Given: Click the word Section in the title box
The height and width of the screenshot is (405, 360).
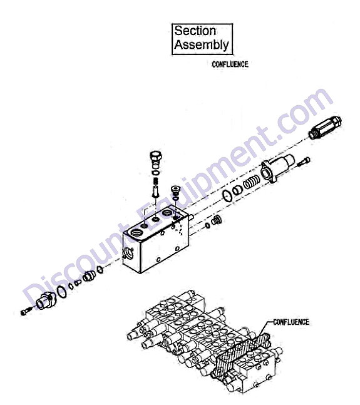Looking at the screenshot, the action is click(x=195, y=31).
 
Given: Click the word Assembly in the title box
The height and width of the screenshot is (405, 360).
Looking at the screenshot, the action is click(x=202, y=44).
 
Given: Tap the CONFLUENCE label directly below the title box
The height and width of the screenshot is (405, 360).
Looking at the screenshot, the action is click(x=230, y=64).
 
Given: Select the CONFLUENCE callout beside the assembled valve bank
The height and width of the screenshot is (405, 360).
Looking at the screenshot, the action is click(x=291, y=322).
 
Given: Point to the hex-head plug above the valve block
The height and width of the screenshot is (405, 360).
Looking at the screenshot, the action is click(x=156, y=158).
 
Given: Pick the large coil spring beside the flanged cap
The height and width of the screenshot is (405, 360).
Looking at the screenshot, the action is click(x=251, y=183).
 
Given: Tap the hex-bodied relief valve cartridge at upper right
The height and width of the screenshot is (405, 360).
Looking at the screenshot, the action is click(x=325, y=128).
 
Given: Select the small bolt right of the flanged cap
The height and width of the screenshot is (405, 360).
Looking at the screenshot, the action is click(x=304, y=161).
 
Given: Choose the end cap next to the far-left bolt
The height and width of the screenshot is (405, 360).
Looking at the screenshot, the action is click(x=46, y=300).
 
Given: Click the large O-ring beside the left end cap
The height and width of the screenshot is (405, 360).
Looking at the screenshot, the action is click(x=61, y=292).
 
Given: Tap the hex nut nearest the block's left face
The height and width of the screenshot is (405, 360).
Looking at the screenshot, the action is click(x=100, y=270).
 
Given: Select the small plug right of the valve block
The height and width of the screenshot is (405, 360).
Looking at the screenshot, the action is click(x=217, y=221).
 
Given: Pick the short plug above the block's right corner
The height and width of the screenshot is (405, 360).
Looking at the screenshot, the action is click(x=175, y=190).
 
